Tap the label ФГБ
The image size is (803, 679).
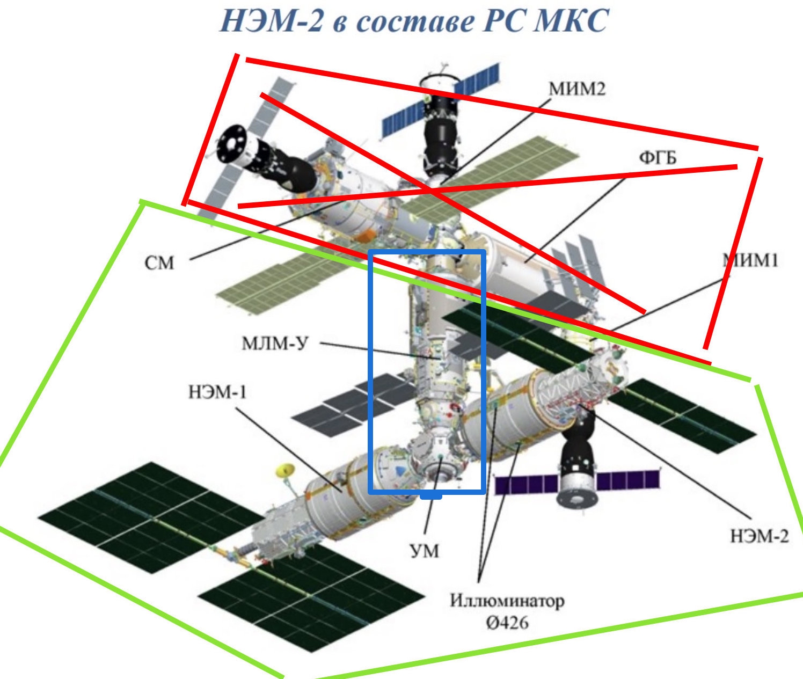click(x=658, y=158)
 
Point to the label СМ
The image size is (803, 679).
click(x=159, y=263)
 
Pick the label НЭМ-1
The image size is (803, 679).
click(x=217, y=392)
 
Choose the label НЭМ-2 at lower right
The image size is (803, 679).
click(x=760, y=536)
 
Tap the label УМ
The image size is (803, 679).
click(x=425, y=551)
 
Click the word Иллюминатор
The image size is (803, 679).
click(x=507, y=600)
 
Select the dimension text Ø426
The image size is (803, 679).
click(x=507, y=623)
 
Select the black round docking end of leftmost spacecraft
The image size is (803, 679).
click(x=231, y=144)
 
